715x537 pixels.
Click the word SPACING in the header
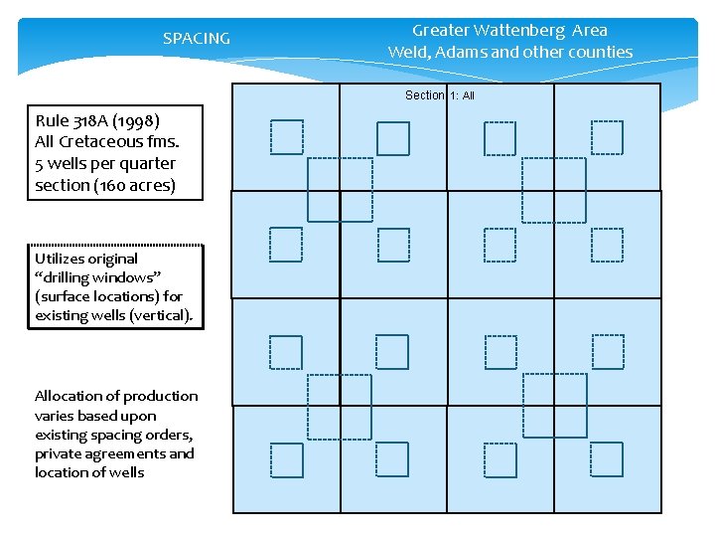[x=196, y=39]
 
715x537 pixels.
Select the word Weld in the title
[x=407, y=52]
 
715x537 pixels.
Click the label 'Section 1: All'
[x=440, y=95]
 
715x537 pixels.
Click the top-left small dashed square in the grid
[x=286, y=137]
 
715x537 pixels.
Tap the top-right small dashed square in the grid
[x=607, y=137]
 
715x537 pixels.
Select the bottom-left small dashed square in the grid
[x=286, y=460]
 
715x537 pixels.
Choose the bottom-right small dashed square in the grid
[x=607, y=460]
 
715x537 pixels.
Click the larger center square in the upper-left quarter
[x=340, y=189]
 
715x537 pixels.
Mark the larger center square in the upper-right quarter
[x=554, y=189]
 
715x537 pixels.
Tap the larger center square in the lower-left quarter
[x=339, y=406]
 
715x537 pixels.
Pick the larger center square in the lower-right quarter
[x=554, y=406]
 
